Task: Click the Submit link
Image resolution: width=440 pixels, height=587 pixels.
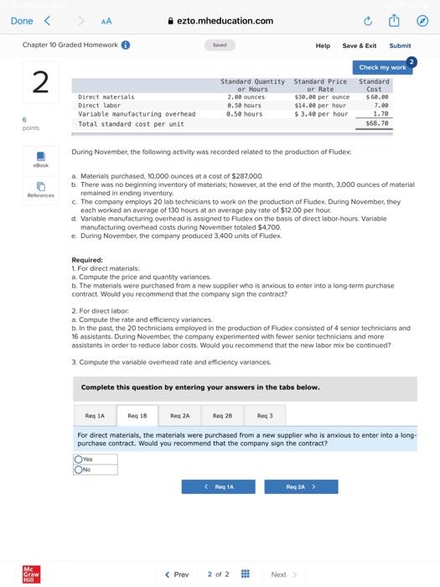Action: pos(400,45)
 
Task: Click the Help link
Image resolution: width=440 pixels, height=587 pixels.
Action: pos(323,45)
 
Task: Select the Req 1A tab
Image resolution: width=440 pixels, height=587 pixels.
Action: pos(95,414)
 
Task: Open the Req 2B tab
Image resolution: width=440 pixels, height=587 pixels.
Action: pos(222,414)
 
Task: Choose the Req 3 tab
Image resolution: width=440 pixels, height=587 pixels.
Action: pos(265,414)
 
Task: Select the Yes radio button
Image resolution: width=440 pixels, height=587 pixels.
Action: pos(79,460)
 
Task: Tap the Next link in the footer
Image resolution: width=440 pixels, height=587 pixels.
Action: pos(282,574)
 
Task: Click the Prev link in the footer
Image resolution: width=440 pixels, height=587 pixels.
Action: pos(177,574)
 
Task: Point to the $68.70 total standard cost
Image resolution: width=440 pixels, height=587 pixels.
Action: pos(374,122)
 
